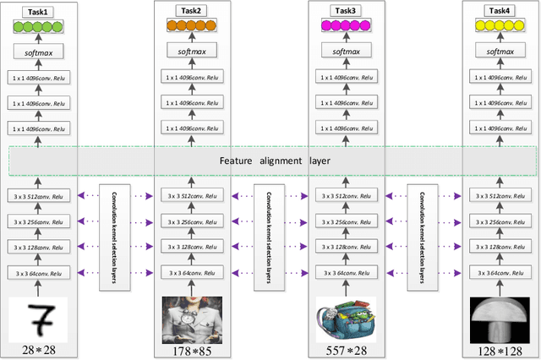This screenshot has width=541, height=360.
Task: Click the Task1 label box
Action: coord(36,11)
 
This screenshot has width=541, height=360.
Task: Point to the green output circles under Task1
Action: coord(36,27)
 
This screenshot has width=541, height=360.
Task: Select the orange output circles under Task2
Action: coord(189,27)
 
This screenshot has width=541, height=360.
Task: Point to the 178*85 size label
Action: coord(189,350)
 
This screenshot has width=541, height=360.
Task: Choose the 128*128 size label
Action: coord(498,350)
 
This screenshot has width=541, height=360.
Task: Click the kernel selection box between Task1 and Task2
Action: coord(112,235)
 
